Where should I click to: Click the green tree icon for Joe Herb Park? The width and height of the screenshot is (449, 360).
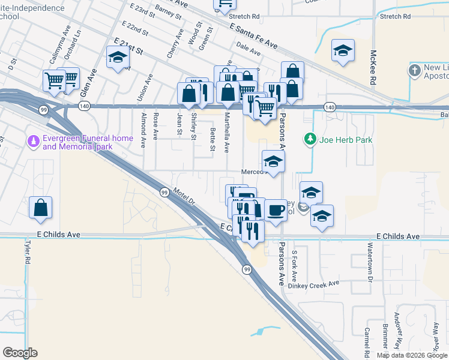310,140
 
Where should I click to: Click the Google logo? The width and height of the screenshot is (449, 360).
20,353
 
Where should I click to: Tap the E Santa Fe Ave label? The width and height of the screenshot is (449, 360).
253,37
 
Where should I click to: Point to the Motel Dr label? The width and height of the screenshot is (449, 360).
184,196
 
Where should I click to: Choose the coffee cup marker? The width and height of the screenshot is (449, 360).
276,211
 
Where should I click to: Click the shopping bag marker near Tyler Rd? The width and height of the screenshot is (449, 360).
40,208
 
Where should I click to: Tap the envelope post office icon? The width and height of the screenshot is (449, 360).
303,208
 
